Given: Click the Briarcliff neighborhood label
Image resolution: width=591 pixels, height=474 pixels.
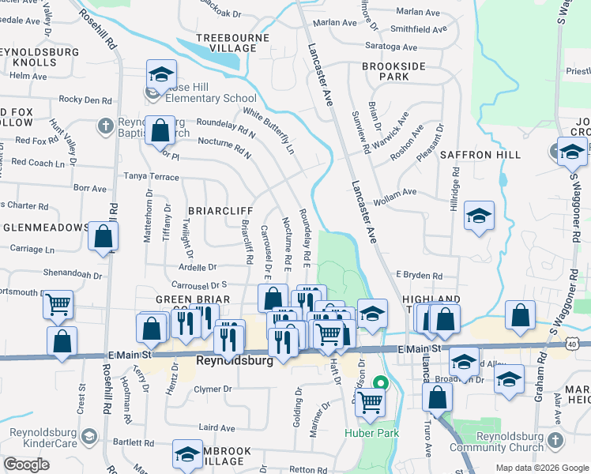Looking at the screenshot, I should pyautogui.click(x=220, y=211).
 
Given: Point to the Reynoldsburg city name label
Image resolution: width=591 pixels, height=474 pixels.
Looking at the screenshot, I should pyautogui.click(x=234, y=360).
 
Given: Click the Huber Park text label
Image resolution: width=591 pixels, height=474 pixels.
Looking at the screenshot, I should pyautogui.click(x=371, y=433).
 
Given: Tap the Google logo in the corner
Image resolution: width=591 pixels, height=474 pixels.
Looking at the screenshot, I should pyautogui.click(x=26, y=465).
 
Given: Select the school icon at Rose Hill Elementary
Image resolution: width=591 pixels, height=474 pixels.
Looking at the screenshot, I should pyautogui.click(x=161, y=75).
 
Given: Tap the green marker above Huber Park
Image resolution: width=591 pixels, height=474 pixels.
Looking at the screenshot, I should pyautogui.click(x=380, y=385).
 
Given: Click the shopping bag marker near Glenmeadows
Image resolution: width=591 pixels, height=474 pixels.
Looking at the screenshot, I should pyautogui.click(x=104, y=235).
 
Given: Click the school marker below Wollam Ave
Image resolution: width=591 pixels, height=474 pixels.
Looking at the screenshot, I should pyautogui.click(x=479, y=215).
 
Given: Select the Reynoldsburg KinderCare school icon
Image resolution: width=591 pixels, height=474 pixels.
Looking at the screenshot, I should pyautogui.click(x=89, y=436).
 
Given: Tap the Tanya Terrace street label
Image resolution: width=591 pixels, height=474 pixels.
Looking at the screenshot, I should pyautogui.click(x=150, y=177).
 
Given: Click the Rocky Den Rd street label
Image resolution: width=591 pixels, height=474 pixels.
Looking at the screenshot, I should pyautogui.click(x=85, y=100).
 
